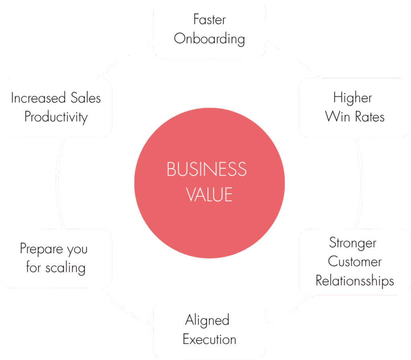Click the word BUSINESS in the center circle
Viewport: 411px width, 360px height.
click(x=206, y=169)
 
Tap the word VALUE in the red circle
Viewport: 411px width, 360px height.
click(x=209, y=195)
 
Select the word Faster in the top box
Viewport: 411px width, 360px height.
click(x=209, y=19)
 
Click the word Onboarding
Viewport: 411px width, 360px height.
click(x=209, y=39)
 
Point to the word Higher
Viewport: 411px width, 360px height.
click(x=352, y=98)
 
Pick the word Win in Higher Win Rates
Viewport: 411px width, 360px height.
click(x=338, y=117)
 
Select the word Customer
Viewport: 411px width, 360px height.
click(x=354, y=262)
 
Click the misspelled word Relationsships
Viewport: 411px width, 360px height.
click(x=354, y=281)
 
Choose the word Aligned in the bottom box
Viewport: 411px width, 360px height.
click(x=207, y=320)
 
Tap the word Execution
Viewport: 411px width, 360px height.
click(x=209, y=340)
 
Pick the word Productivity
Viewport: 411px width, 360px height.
click(x=56, y=117)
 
